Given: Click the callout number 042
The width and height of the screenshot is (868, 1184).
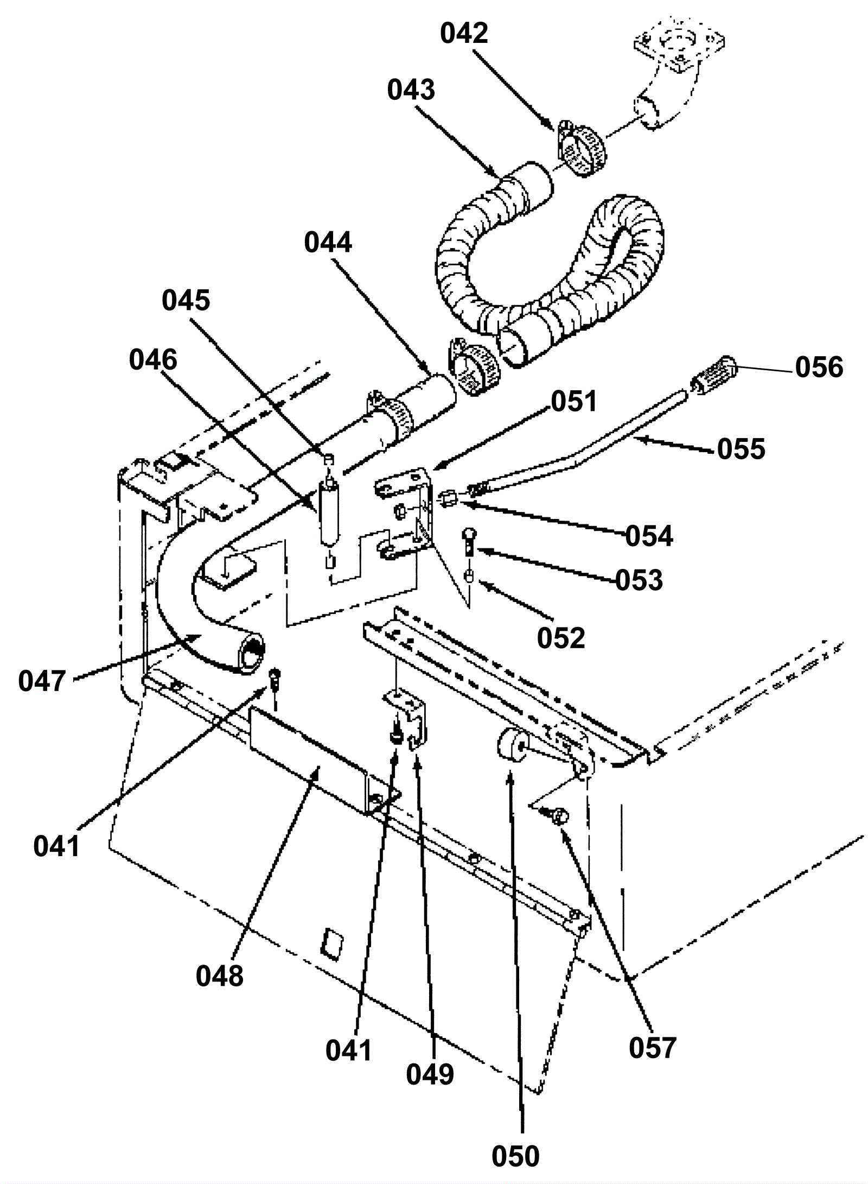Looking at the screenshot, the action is point(464,34).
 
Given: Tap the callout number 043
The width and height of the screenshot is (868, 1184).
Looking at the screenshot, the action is point(411,90).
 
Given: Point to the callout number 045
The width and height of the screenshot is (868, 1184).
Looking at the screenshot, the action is point(186,300).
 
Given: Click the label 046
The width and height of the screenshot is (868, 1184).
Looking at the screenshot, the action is point(153,359).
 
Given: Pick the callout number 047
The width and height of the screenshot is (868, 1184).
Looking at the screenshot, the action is point(42,681).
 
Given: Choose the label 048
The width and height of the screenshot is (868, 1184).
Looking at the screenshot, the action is point(220,976).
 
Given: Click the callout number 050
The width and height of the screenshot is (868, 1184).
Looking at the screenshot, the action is point(515,1155).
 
